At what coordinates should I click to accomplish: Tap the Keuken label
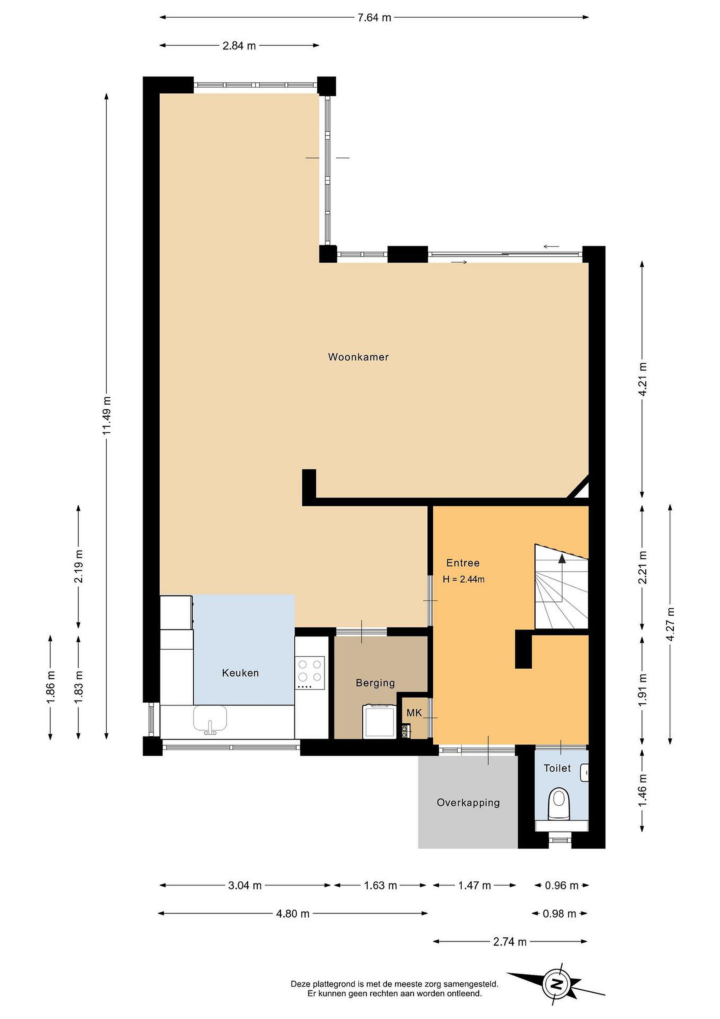(x=240, y=673)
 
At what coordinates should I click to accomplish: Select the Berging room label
(x=375, y=683)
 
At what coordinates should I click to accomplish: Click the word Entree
(x=463, y=563)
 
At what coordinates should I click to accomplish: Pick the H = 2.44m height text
(x=463, y=579)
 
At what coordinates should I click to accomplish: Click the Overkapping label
(x=468, y=802)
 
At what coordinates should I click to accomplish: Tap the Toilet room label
(x=557, y=768)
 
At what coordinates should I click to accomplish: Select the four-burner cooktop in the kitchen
(x=310, y=673)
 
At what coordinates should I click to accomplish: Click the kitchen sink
(x=210, y=719)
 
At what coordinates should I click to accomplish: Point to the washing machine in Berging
(x=379, y=722)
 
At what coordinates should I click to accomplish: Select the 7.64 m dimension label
(x=374, y=18)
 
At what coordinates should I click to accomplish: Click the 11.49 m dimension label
(x=107, y=415)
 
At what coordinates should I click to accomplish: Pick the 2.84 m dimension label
(x=239, y=46)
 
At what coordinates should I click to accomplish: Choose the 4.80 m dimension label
(x=293, y=913)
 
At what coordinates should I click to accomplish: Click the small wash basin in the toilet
(x=584, y=773)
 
